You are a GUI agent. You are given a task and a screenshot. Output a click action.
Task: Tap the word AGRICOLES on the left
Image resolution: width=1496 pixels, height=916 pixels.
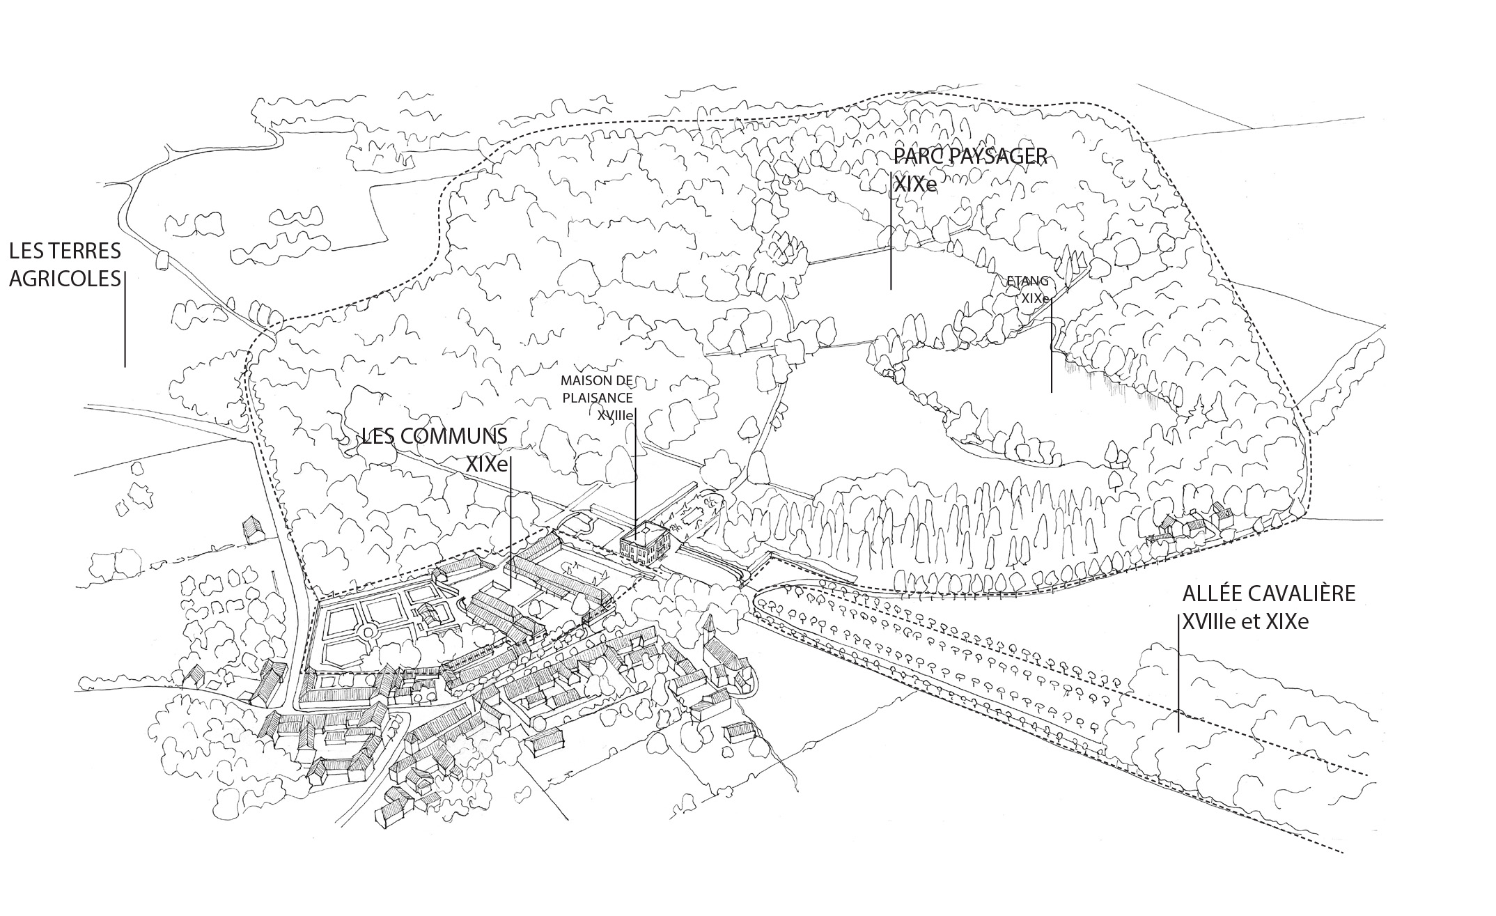[x=65, y=279]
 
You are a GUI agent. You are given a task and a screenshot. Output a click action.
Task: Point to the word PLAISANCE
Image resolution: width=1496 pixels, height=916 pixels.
[x=598, y=398]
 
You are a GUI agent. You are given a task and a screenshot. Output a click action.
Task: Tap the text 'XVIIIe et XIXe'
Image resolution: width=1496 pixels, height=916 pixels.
[x=1245, y=621]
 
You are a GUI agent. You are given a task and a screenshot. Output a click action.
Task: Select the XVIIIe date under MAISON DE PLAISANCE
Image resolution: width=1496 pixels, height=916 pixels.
[x=615, y=415]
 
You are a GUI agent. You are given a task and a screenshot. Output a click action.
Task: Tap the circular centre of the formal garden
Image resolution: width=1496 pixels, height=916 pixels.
[x=367, y=631]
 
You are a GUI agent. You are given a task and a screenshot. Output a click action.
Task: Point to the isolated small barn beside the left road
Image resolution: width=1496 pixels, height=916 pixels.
[x=251, y=529]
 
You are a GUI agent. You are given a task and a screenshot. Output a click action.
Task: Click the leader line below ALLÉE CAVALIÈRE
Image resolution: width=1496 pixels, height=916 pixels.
[x=1178, y=672]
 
